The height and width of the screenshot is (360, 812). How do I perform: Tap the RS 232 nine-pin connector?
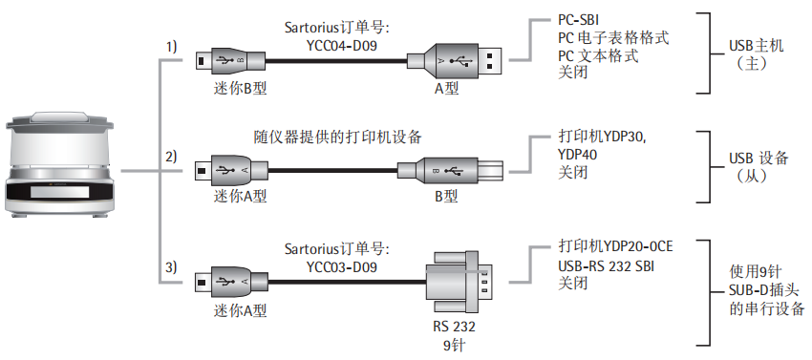459,282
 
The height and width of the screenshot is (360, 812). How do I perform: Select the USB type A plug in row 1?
455,60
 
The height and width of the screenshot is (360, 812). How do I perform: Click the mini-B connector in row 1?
231,60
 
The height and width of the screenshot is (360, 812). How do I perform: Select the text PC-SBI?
579,21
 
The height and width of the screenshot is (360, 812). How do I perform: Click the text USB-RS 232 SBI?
606,266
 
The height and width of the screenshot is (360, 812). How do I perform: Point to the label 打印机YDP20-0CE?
615,246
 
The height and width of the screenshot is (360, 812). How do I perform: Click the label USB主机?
756,46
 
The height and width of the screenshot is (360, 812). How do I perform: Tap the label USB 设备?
759,158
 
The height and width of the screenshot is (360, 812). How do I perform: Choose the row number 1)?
171,47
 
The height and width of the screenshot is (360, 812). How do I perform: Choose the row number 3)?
171,267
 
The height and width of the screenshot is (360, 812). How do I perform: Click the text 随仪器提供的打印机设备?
338,138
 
